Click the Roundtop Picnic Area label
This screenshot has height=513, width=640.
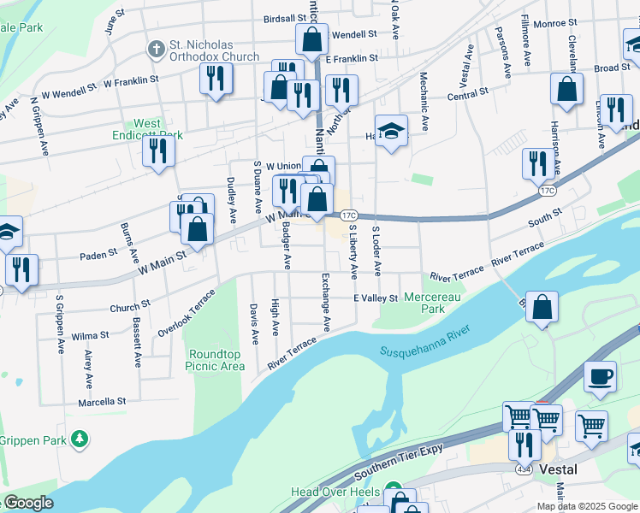coord(216,360)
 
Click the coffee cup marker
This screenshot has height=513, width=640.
coord(600,376)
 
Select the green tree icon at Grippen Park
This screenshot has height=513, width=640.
coord(80,439)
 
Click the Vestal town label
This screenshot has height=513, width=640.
coord(558,469)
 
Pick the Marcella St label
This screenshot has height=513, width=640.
coord(102,401)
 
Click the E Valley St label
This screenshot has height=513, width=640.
coord(376,298)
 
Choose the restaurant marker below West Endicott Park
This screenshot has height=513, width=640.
coord(158,151)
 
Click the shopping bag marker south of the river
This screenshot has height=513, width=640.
coord(542,307)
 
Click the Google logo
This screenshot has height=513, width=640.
coord(27,503)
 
